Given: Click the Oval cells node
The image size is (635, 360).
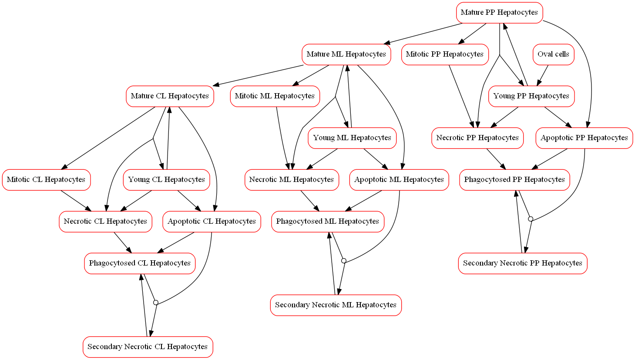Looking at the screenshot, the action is (553, 54).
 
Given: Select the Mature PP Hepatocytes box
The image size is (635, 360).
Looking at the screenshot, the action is (499, 13).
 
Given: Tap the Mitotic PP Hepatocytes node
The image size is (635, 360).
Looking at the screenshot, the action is (445, 54).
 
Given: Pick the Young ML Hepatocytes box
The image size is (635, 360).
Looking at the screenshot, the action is (352, 138).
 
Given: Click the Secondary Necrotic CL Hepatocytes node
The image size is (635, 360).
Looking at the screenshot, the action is (148, 347).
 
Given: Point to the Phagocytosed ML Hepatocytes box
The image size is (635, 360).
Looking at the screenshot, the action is (328, 222).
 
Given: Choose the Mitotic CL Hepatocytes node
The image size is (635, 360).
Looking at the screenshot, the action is (46, 180).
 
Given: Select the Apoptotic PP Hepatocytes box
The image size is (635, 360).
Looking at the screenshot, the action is (584, 138).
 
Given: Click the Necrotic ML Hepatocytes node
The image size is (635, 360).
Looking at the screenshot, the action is (292, 180).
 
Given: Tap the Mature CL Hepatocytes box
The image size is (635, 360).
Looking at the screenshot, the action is (170, 96).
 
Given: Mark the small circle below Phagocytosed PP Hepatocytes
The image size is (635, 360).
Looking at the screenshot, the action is (531, 219).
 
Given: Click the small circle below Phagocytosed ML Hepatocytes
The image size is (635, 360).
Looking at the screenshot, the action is (343, 260).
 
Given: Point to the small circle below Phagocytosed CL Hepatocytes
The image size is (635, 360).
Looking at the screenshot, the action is (156, 303).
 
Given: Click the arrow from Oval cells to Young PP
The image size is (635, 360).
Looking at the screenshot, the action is (543, 75).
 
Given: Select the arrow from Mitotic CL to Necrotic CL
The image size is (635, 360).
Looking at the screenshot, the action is (76, 201).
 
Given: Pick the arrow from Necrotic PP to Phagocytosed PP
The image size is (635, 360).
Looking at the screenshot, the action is (496, 159).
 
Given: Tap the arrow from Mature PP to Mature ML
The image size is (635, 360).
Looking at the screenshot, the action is (423, 34).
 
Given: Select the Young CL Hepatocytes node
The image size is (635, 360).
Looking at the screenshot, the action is (166, 180).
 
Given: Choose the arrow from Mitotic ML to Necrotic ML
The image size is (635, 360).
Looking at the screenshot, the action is (282, 138).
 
